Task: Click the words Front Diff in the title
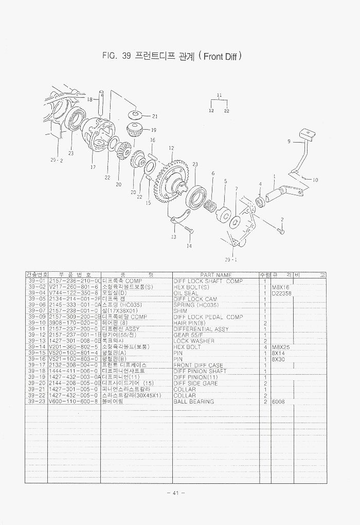click(220, 56)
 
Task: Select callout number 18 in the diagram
click(89, 99)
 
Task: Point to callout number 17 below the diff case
click(93, 167)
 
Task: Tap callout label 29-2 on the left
click(56, 160)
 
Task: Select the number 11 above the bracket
click(219, 95)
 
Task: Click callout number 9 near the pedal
click(289, 141)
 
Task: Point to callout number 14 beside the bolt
click(189, 246)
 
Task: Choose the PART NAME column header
click(215, 275)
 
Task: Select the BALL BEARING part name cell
click(193, 401)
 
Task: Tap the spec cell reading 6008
click(279, 401)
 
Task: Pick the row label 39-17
click(37, 365)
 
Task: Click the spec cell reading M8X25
click(281, 347)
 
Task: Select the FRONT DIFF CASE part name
click(199, 365)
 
